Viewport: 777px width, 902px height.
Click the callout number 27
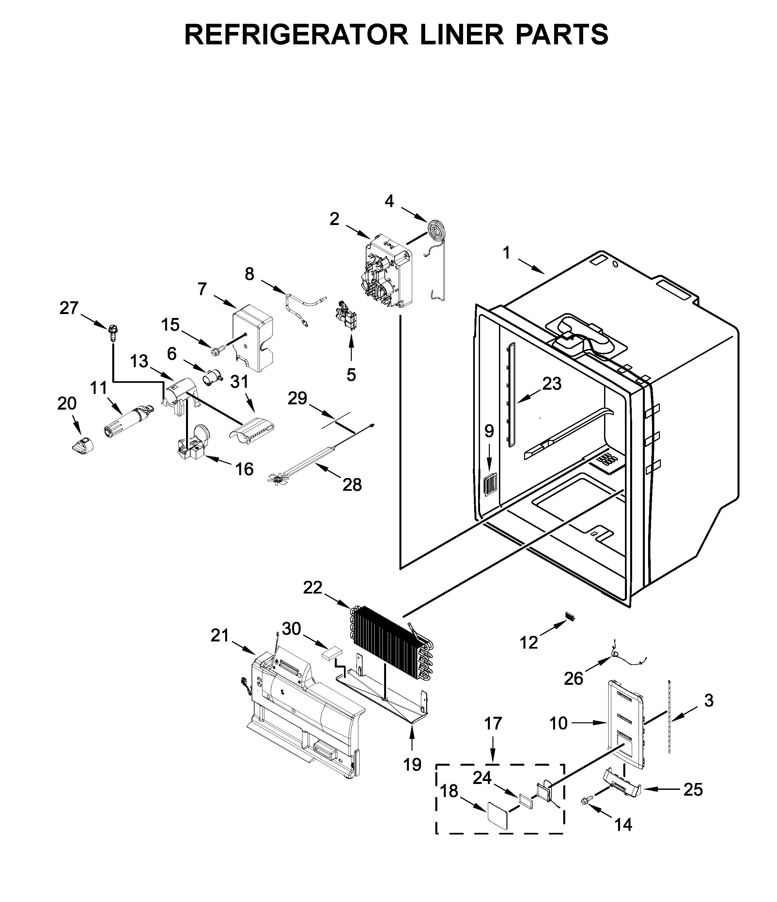point(69,308)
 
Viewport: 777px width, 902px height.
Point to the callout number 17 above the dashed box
point(493,724)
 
